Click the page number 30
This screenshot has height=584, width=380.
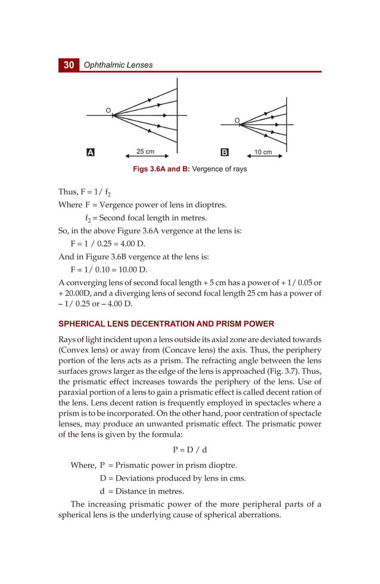[68, 65]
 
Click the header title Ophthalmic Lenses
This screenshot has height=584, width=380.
[118, 65]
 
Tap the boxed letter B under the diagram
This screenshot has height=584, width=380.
[225, 152]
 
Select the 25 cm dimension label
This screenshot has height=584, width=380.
[145, 152]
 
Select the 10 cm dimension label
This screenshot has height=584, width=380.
[263, 152]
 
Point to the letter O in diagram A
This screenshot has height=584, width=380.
[108, 111]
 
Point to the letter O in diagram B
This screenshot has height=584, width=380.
[236, 121]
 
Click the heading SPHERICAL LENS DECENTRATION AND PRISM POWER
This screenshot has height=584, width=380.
[166, 324]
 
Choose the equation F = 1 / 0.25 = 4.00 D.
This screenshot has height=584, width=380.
[107, 244]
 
